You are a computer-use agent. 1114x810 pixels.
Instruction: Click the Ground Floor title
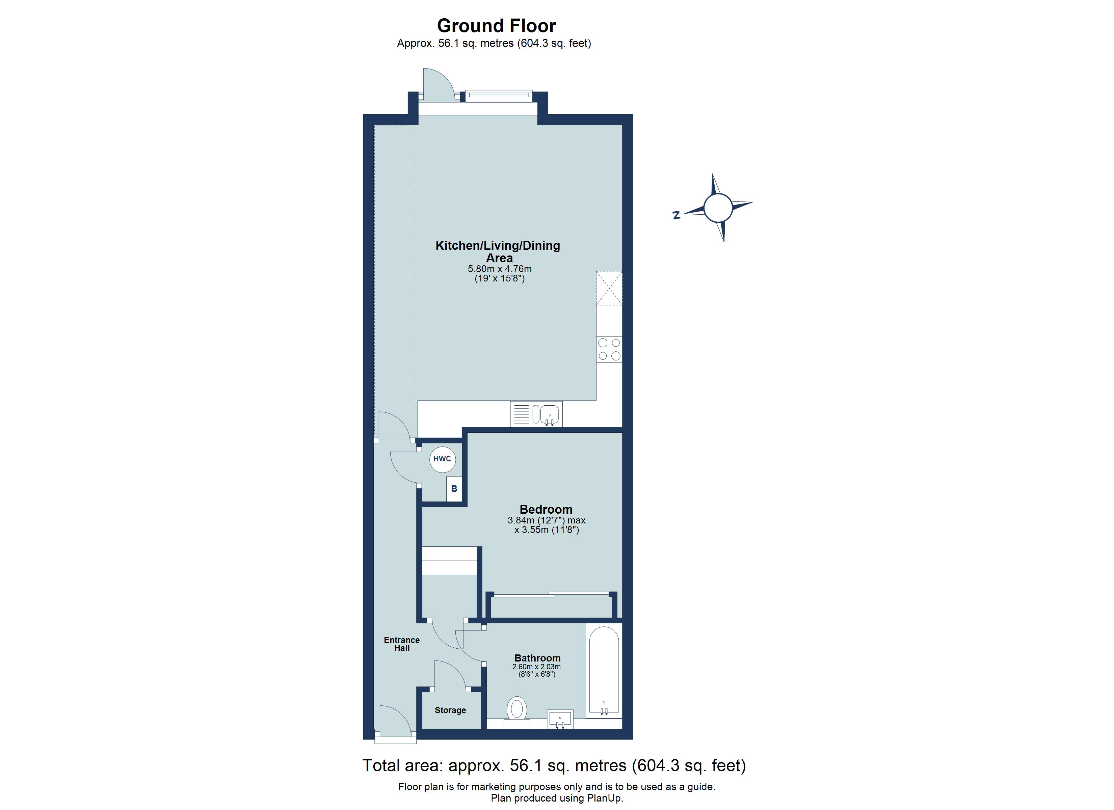[x=496, y=26]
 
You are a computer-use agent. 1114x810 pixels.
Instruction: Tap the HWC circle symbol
[x=442, y=459]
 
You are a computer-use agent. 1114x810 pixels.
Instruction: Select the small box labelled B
[x=454, y=489]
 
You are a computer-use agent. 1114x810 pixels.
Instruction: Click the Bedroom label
[x=546, y=509]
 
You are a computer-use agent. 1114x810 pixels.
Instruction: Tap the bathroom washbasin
[x=560, y=719]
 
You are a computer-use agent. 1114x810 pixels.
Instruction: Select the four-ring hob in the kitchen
[x=609, y=349]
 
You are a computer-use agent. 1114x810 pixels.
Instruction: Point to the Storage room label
[x=450, y=710]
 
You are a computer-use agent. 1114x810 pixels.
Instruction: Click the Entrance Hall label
[x=402, y=644]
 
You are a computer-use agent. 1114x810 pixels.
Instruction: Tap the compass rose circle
[x=718, y=208]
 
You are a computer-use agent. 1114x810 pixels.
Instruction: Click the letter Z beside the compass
[x=677, y=215]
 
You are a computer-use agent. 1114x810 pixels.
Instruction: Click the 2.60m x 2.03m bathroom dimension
[x=536, y=667]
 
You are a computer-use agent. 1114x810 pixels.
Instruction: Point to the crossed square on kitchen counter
[x=609, y=288]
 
